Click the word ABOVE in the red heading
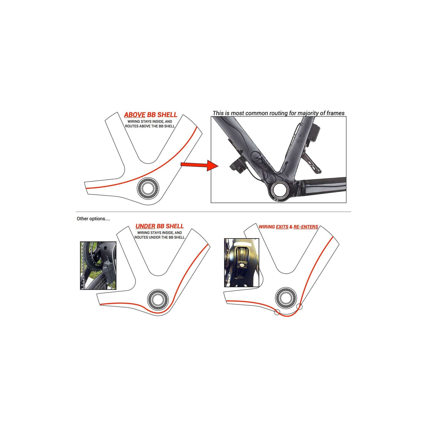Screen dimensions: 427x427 click(135, 115)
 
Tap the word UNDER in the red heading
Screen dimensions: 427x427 click(145, 226)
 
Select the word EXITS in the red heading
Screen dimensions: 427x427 click(282, 227)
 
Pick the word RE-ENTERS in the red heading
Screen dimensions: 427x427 click(306, 227)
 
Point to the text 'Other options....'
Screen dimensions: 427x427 click(93, 219)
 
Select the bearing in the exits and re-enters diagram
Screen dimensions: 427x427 click(286, 298)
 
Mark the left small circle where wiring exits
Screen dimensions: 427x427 click(277, 312)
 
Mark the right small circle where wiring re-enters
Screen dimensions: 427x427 click(299, 306)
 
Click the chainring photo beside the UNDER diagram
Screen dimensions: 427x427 click(98, 265)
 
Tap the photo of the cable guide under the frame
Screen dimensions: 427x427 click(241, 263)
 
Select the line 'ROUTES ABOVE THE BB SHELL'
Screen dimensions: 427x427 click(150, 126)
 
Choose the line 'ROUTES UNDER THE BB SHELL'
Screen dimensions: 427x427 click(160, 237)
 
